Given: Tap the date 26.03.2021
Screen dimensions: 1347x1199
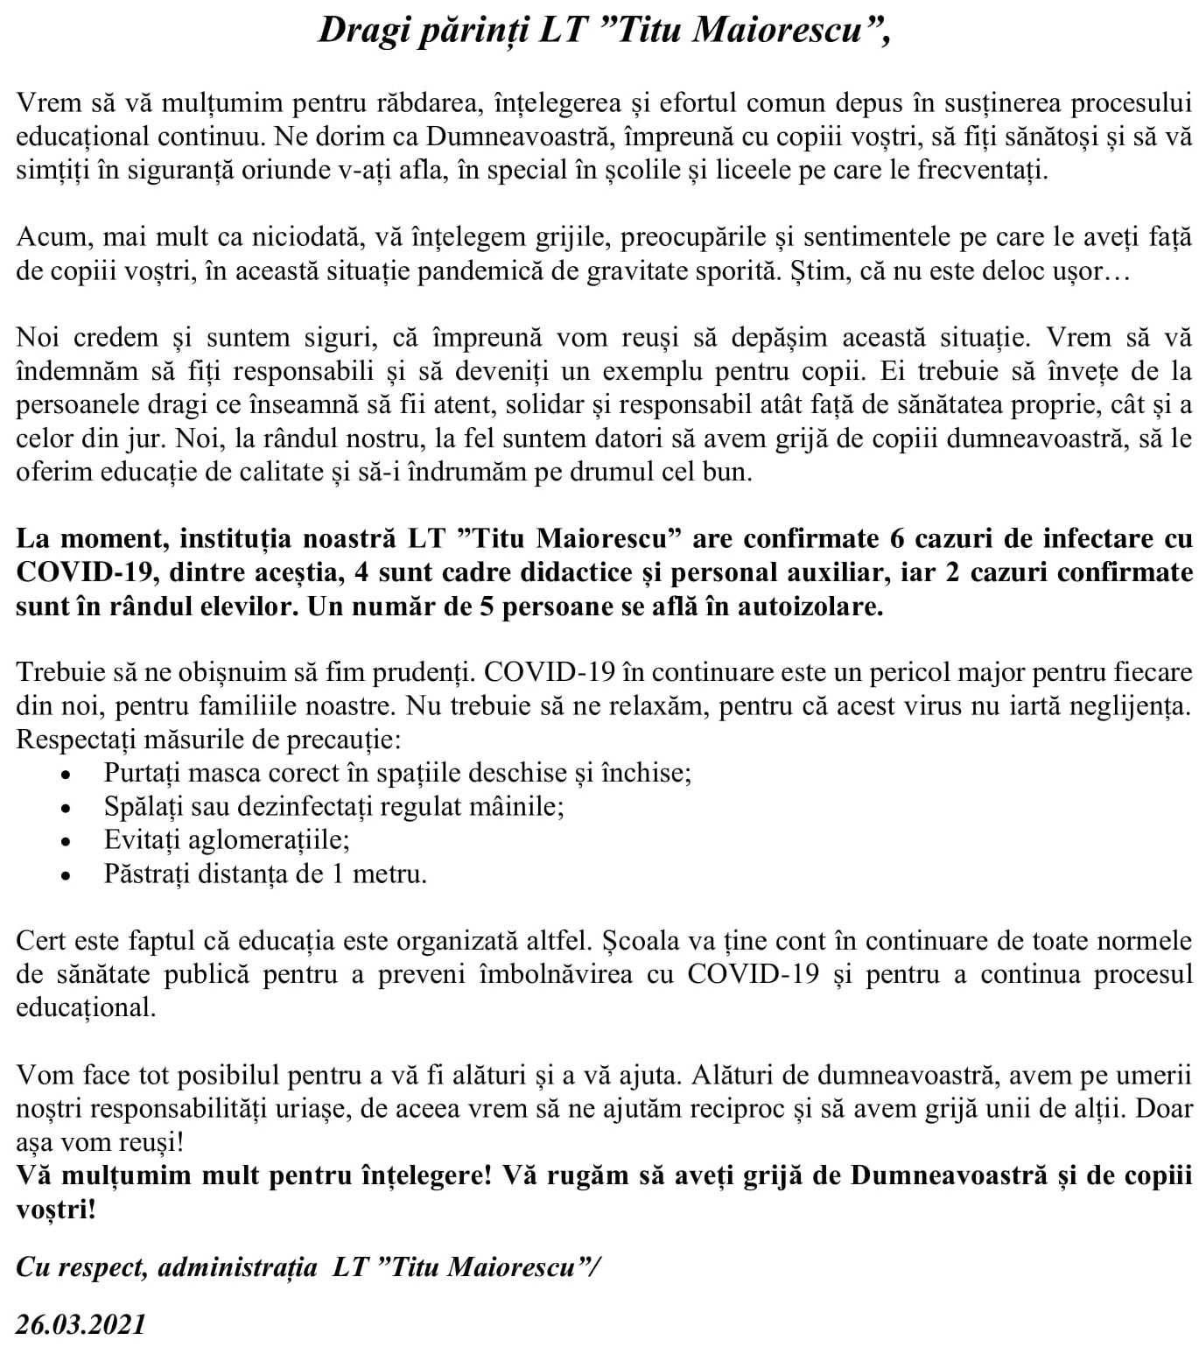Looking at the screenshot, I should tap(81, 1324).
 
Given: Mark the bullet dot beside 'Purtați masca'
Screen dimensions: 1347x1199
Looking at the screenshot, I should tap(66, 775).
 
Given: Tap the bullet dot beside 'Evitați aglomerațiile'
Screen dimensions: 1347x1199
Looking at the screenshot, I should tap(66, 841).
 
